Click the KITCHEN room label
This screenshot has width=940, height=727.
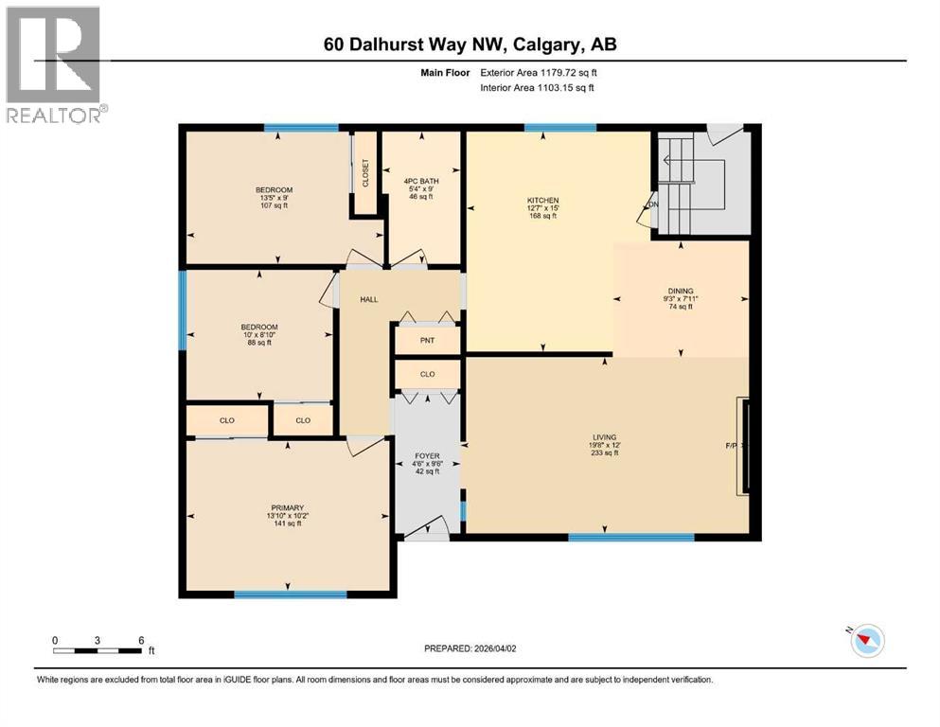click(543, 200)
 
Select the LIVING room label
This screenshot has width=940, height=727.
click(602, 437)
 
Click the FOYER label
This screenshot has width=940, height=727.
click(428, 455)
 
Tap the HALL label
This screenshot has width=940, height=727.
click(368, 299)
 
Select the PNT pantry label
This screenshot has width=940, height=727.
click(427, 340)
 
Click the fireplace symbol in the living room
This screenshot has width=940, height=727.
click(746, 446)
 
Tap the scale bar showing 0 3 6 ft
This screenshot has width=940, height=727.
click(98, 648)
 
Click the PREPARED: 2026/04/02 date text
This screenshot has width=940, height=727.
click(475, 648)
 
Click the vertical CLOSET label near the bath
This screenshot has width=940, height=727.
click(364, 172)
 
